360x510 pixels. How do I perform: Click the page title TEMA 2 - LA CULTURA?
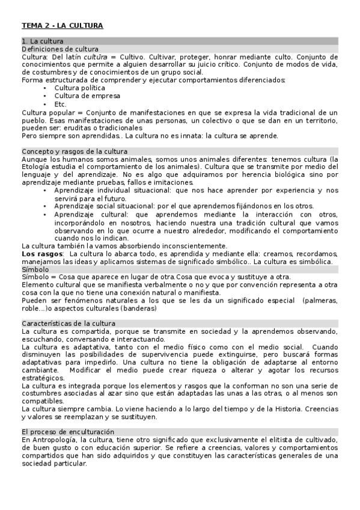tap(63, 25)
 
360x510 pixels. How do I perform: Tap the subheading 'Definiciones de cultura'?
tap(60, 49)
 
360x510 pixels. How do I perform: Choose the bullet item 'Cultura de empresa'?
tap(87, 96)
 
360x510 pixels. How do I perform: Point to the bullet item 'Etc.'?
tap(60, 103)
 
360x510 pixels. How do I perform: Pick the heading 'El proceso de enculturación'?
tap(68, 432)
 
